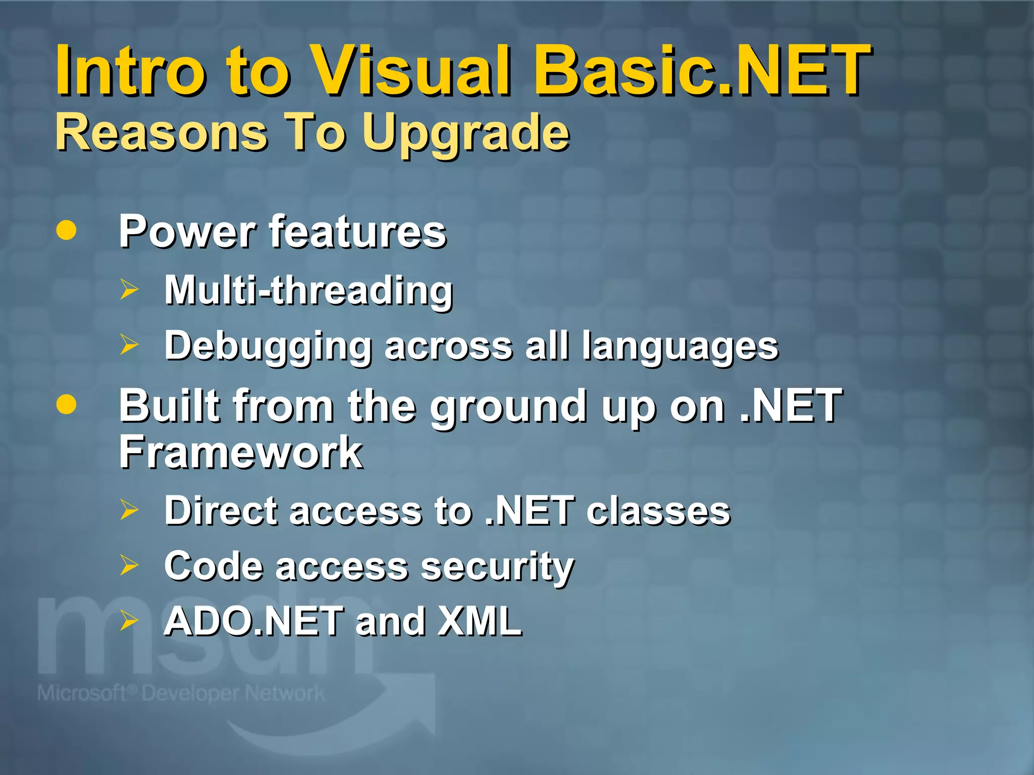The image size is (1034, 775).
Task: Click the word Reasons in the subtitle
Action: [x=162, y=132]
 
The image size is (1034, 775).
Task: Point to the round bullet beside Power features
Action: [x=67, y=231]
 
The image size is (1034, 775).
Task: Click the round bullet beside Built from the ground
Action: [x=67, y=405]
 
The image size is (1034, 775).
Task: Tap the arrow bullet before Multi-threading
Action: [x=129, y=290]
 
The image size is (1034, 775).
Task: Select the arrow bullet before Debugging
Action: [x=129, y=345]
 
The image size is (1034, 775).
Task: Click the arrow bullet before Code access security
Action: [x=129, y=566]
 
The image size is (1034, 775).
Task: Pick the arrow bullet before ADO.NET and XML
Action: [x=129, y=621]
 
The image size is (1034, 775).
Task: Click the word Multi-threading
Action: [x=308, y=291]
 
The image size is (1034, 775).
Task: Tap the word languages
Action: [x=680, y=347]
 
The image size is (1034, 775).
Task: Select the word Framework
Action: [x=241, y=452]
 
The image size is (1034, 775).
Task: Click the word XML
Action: [x=479, y=621]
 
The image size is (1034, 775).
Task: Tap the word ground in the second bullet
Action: [x=508, y=407]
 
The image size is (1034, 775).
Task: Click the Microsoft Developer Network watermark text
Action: [x=181, y=693]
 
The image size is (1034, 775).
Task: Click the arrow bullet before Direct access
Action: [x=129, y=510]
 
